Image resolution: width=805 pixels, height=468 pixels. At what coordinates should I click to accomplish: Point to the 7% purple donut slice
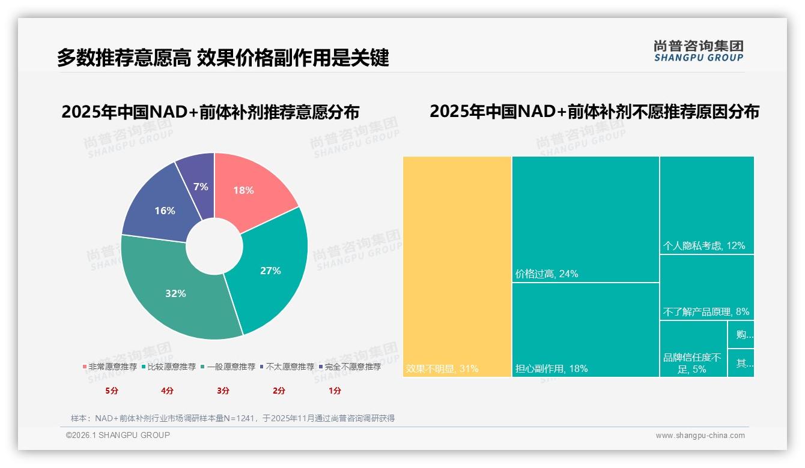click(201, 186)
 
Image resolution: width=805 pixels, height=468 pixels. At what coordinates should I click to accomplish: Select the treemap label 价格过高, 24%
click(547, 274)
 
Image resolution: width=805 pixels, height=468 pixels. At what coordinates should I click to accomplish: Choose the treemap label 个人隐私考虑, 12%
click(703, 245)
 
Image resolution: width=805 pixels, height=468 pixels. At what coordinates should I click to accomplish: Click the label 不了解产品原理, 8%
click(706, 311)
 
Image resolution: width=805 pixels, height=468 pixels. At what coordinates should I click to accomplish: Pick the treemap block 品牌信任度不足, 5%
click(693, 363)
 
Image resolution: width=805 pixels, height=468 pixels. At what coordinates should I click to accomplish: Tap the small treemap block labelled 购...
click(741, 334)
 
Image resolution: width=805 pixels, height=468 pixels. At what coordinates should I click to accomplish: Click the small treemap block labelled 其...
click(741, 363)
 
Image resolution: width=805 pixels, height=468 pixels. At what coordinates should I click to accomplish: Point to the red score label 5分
click(112, 391)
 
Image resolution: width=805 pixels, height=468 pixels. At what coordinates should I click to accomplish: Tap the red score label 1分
click(335, 391)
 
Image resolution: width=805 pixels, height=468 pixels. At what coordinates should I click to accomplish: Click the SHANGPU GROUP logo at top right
click(698, 51)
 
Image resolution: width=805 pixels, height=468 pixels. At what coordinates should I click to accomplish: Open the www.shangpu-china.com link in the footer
click(700, 436)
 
